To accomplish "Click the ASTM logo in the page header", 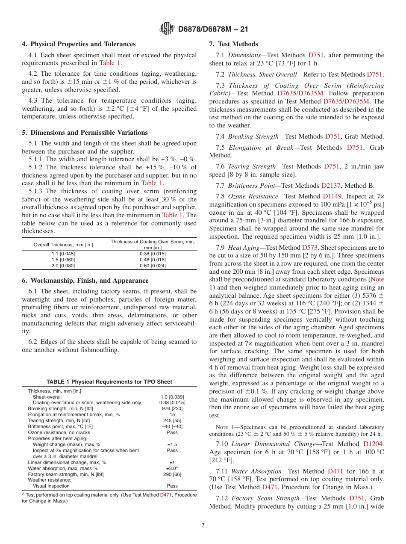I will point(167,29).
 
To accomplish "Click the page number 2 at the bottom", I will point(203,526).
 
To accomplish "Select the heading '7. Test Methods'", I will point(233,44).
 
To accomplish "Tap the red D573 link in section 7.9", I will point(309,248).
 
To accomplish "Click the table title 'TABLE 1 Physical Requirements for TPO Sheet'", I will point(109,382).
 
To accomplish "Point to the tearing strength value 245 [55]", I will point(172,420).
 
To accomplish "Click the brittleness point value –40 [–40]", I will point(172,426).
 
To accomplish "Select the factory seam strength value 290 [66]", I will point(172,474).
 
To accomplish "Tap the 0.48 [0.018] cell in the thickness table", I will point(153,260).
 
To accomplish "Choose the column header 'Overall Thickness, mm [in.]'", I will point(63,245).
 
